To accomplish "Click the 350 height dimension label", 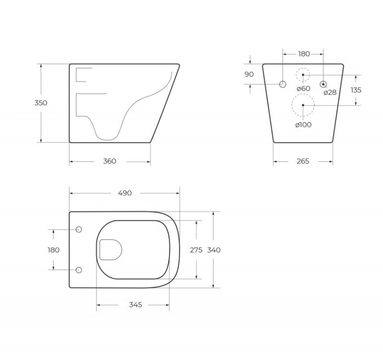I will (x=41, y=103).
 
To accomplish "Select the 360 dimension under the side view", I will (x=110, y=161).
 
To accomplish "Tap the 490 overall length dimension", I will (x=125, y=193).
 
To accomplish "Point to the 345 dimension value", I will (x=135, y=305).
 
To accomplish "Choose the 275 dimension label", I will (x=196, y=250).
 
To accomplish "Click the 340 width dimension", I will (x=214, y=250).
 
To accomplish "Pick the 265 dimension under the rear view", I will (x=303, y=161).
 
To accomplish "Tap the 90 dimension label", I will (x=249, y=75).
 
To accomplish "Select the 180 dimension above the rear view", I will (x=304, y=54).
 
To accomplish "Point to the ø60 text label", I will (x=303, y=88).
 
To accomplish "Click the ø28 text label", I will (x=330, y=92).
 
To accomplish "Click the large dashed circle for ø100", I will (x=303, y=105).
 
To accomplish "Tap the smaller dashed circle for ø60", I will (x=303, y=75).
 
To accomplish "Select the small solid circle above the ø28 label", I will (x=323, y=84).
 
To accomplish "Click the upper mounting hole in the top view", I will (x=79, y=230).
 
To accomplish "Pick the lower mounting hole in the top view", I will (x=79, y=270).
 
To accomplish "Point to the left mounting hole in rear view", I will (x=282, y=84).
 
